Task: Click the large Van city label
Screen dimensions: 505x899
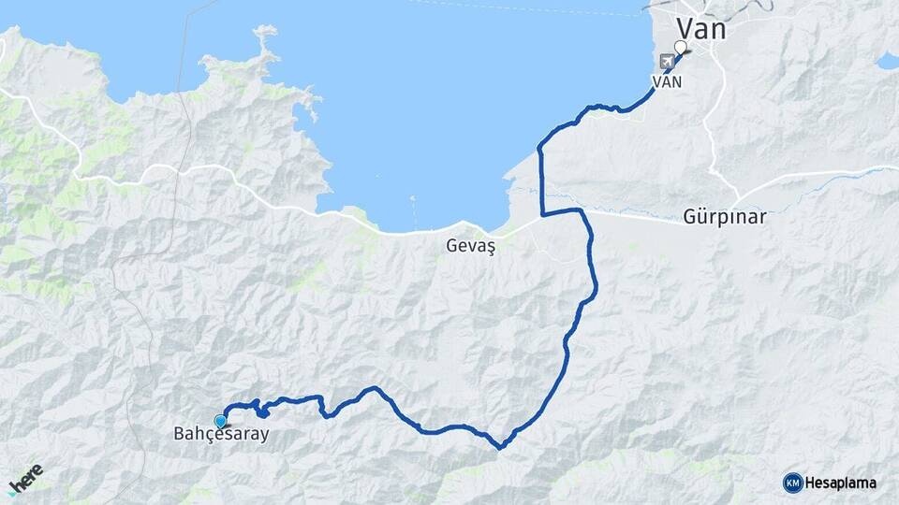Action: (x=700, y=28)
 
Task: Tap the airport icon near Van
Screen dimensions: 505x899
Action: (x=667, y=62)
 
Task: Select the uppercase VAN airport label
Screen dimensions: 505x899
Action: (x=667, y=81)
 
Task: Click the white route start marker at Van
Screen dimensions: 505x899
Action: (x=681, y=47)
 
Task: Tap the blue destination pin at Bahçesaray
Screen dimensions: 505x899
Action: (x=220, y=421)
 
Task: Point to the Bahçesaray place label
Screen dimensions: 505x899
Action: (x=221, y=435)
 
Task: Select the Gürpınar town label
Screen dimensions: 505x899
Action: (x=724, y=217)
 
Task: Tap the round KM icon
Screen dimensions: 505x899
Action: (x=792, y=483)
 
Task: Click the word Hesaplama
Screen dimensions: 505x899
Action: (x=840, y=483)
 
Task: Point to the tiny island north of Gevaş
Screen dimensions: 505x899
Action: (x=413, y=199)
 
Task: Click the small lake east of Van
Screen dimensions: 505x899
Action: (x=887, y=62)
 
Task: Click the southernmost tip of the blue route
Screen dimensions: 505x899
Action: (x=500, y=447)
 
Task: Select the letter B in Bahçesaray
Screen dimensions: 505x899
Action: (x=179, y=435)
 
